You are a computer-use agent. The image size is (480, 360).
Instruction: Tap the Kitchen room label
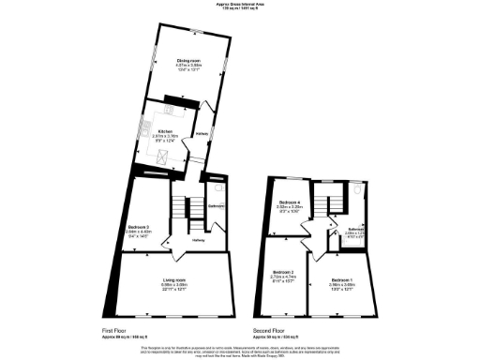[x=165, y=131]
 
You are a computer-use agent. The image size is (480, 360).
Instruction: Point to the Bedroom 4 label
[x=289, y=202]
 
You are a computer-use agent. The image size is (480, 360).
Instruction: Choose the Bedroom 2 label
[x=282, y=272]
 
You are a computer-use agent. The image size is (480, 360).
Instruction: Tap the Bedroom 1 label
[x=341, y=279]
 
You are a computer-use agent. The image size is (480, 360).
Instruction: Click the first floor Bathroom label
[x=215, y=206]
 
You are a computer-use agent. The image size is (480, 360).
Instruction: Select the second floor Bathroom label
[x=356, y=229]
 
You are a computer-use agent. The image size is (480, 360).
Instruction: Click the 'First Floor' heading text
[x=114, y=330]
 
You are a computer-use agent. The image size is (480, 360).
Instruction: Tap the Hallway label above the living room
[x=199, y=241]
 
